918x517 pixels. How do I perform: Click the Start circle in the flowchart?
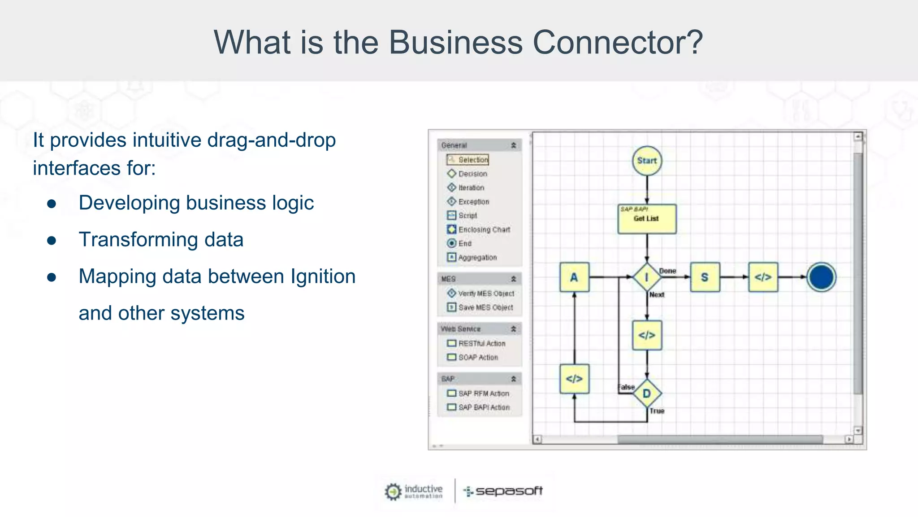pyautogui.click(x=647, y=161)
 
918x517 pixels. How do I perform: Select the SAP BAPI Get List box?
pyautogui.click(x=647, y=219)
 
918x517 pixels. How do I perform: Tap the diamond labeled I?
pyautogui.click(x=647, y=277)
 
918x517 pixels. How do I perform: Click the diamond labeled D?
pyautogui.click(x=647, y=394)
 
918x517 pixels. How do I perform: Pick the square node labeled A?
pyautogui.click(x=574, y=277)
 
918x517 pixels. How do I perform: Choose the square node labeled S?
pyautogui.click(x=705, y=277)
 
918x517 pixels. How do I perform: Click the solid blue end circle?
pyautogui.click(x=821, y=277)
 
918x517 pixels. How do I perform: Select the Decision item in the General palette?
pyautogui.click(x=472, y=174)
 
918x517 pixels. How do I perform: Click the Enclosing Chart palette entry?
pyautogui.click(x=484, y=229)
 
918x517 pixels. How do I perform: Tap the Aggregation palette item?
pyautogui.click(x=477, y=258)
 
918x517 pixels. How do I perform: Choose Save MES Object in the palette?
pyautogui.click(x=485, y=307)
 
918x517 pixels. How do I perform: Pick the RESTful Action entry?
pyautogui.click(x=481, y=343)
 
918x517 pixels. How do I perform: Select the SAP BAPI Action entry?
pyautogui.click(x=484, y=407)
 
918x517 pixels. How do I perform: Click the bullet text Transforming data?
pyautogui.click(x=161, y=240)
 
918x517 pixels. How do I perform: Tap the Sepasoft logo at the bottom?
pyautogui.click(x=503, y=491)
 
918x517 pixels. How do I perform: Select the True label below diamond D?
pyautogui.click(x=657, y=411)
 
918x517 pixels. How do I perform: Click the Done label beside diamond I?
pyautogui.click(x=667, y=271)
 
